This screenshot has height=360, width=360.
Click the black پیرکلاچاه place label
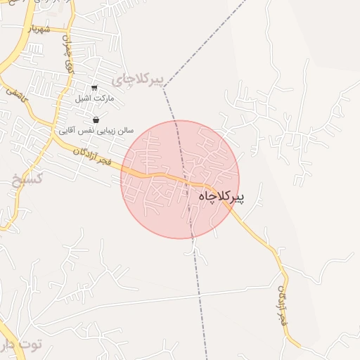tap(221, 196)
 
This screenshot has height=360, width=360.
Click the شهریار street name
tap(39, 30)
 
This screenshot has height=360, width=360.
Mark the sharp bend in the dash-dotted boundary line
tap(164, 89)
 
